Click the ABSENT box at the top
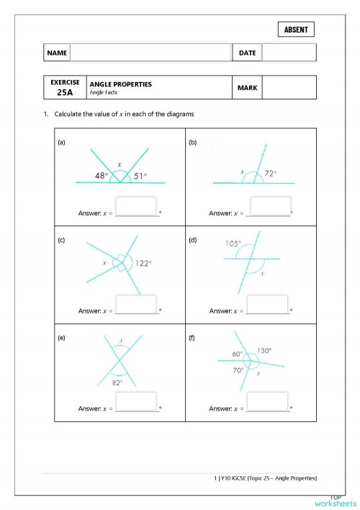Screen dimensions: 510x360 pyautogui.click(x=295, y=30)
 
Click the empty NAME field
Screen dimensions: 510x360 pyautogui.click(x=150, y=53)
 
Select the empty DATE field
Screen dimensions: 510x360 pyautogui.click(x=289, y=53)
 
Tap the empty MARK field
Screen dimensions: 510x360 pyautogui.click(x=289, y=88)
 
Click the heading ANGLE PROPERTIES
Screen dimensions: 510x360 pyautogui.click(x=121, y=84)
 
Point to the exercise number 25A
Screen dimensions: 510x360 pyautogui.click(x=65, y=92)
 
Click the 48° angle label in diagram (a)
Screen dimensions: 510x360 pyautogui.click(x=102, y=176)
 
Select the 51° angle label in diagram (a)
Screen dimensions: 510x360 pyautogui.click(x=140, y=176)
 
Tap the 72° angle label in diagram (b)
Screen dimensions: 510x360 pyautogui.click(x=270, y=174)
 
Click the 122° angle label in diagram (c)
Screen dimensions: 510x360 pyautogui.click(x=143, y=264)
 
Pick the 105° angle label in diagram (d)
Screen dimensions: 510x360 pyautogui.click(x=233, y=244)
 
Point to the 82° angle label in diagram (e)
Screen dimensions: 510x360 pyautogui.click(x=117, y=382)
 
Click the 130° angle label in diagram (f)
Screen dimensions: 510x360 pyautogui.click(x=264, y=351)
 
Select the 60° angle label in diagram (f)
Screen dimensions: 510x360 pyautogui.click(x=237, y=354)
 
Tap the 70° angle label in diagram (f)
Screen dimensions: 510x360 pyautogui.click(x=237, y=370)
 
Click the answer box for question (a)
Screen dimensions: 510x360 pyautogui.click(x=136, y=206)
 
